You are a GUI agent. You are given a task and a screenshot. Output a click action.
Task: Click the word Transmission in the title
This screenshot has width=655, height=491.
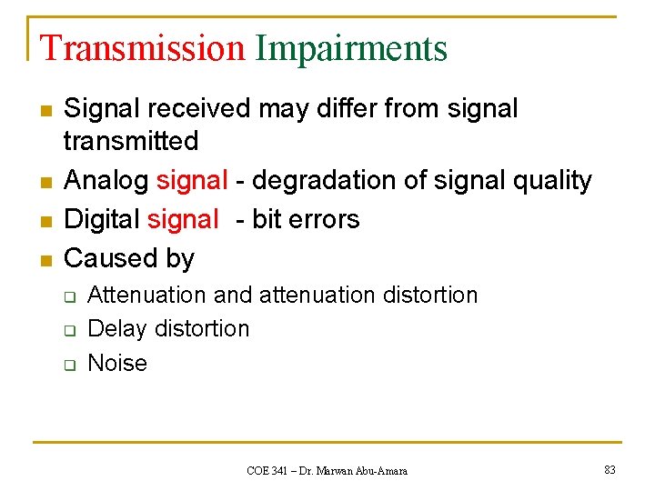click(143, 48)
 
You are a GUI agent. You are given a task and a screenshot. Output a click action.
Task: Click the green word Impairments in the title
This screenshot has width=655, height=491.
click(351, 48)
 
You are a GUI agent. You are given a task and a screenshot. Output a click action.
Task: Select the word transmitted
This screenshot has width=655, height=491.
click(131, 141)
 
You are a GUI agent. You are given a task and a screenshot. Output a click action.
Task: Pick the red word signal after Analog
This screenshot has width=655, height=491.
click(190, 181)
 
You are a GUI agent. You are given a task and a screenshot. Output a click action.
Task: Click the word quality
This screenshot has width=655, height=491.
click(552, 181)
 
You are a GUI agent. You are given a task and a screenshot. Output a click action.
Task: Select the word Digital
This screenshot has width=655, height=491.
click(101, 219)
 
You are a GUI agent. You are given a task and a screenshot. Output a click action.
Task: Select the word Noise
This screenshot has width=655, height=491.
click(117, 363)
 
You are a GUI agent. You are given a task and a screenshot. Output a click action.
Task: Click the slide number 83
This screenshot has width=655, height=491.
click(610, 470)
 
